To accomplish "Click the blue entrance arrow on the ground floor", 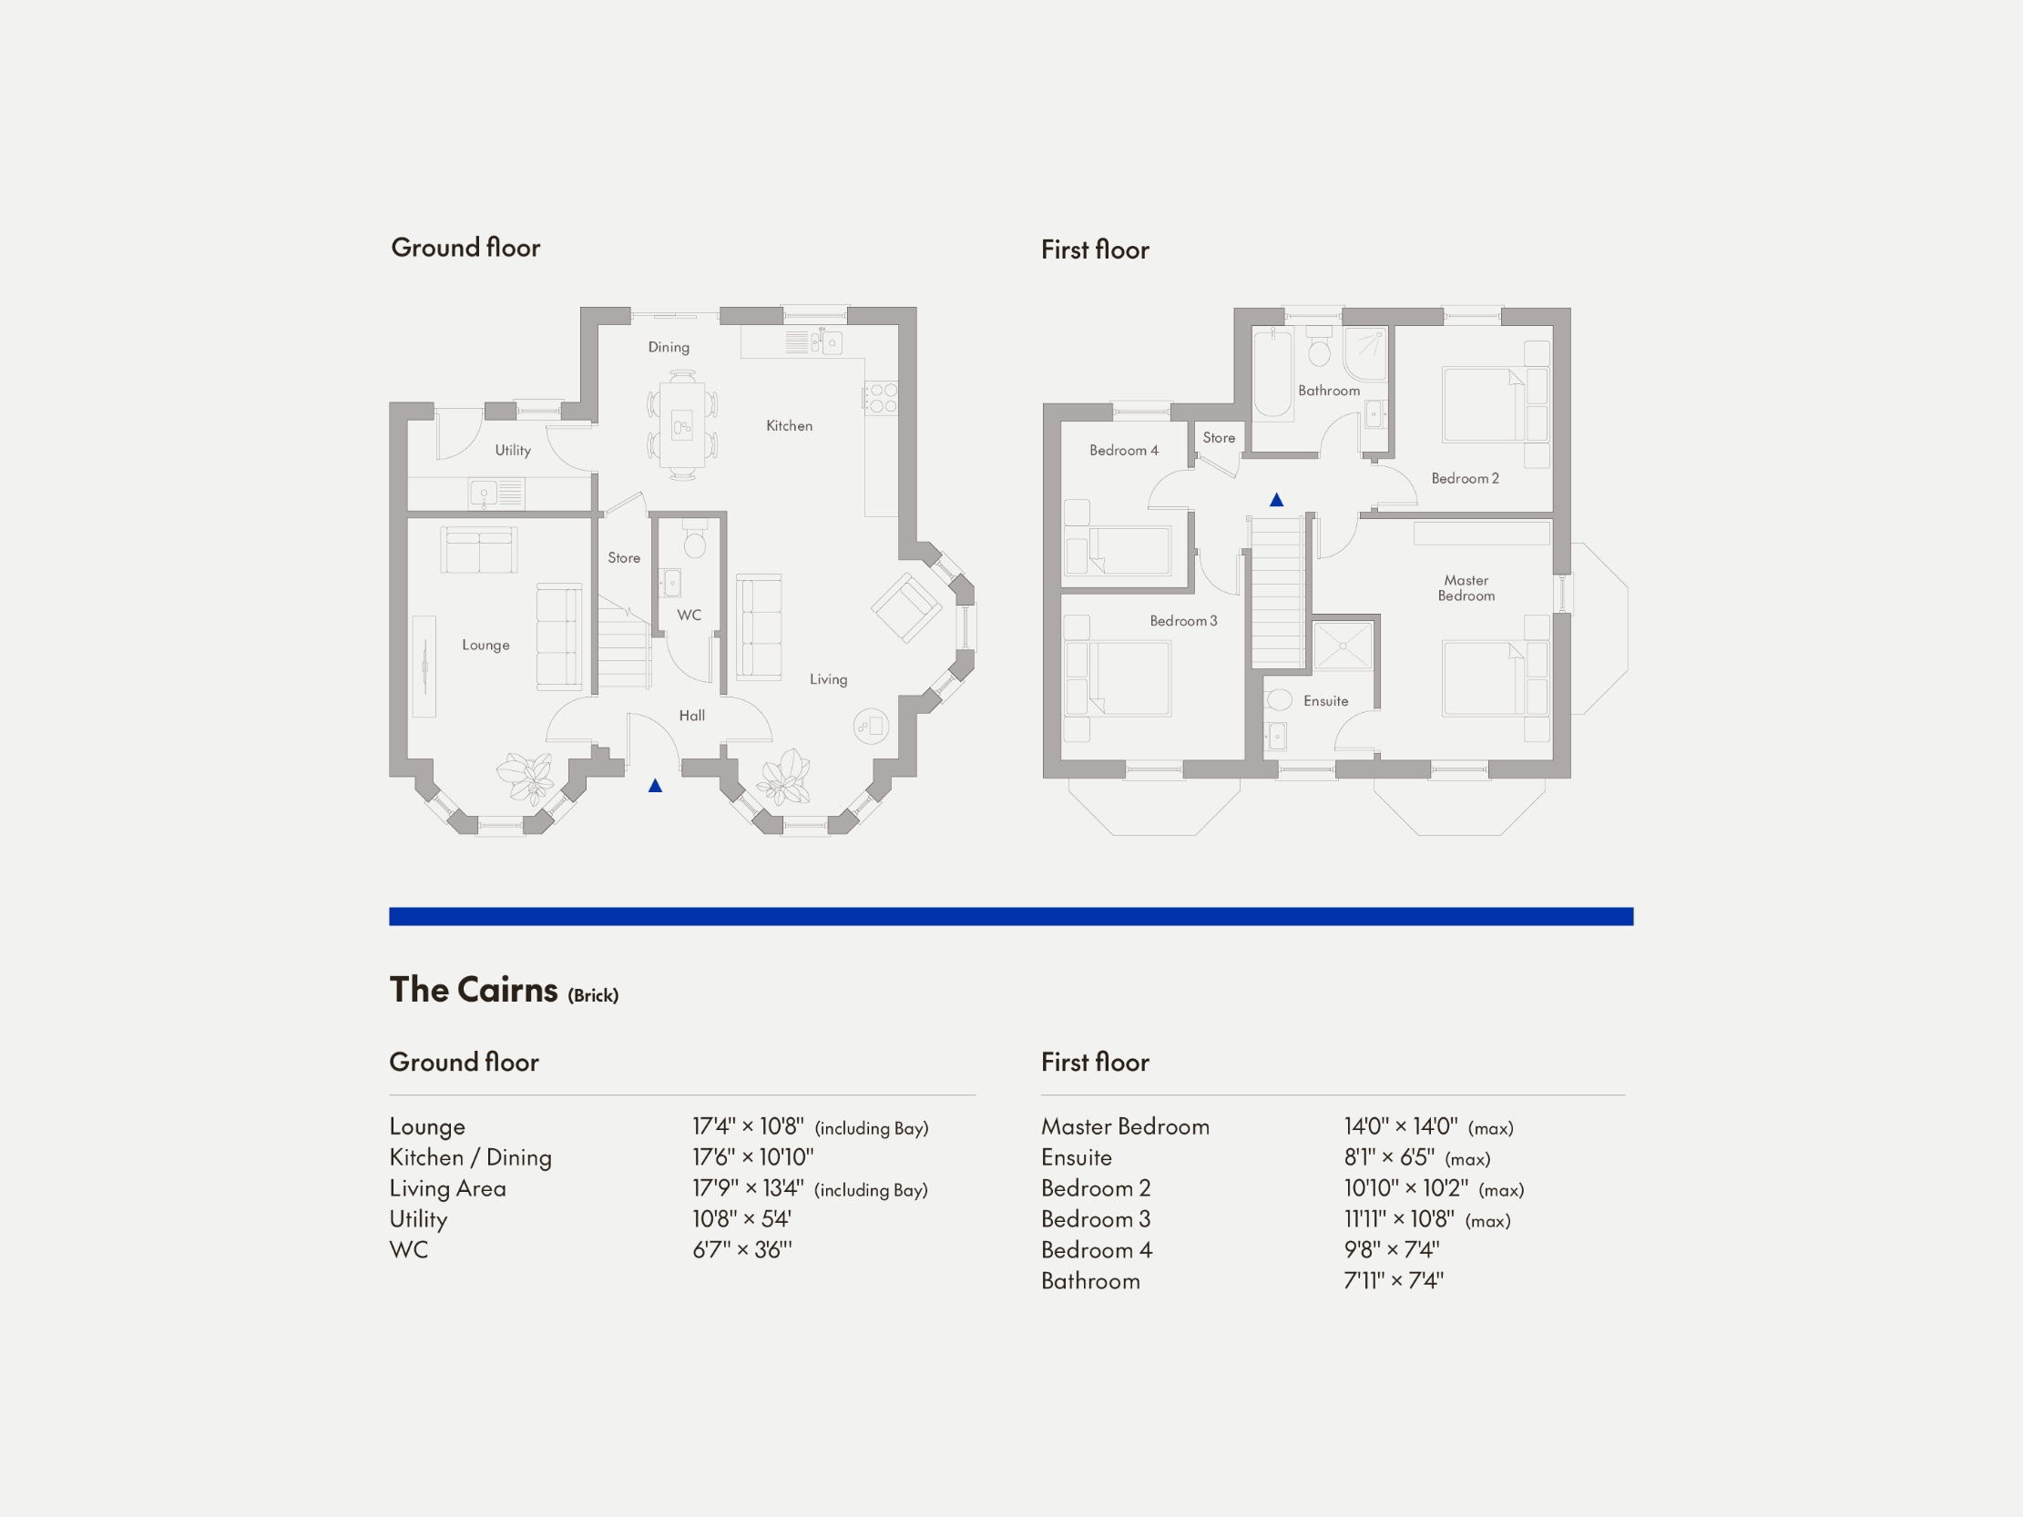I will pyautogui.click(x=655, y=786).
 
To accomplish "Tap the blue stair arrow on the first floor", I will pyautogui.click(x=1277, y=500).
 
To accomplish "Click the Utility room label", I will pyautogui.click(x=512, y=450).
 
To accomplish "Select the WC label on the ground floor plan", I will pyautogui.click(x=689, y=616).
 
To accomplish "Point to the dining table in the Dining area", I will pyautogui.click(x=682, y=424).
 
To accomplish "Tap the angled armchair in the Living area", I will pyautogui.click(x=905, y=608).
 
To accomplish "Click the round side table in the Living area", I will pyautogui.click(x=871, y=727).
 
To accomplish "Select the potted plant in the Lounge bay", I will pyautogui.click(x=526, y=776).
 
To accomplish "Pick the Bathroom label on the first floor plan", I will pyautogui.click(x=1329, y=391).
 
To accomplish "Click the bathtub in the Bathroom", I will pyautogui.click(x=1272, y=374).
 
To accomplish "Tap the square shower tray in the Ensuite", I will pyautogui.click(x=1343, y=646).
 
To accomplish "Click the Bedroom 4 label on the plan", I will pyautogui.click(x=1123, y=450).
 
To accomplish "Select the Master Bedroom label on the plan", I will pyautogui.click(x=1466, y=588).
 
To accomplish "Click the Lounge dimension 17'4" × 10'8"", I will pyautogui.click(x=747, y=1126).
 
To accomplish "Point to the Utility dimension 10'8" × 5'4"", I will pyautogui.click(x=741, y=1219).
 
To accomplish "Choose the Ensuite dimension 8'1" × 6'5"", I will pyautogui.click(x=1389, y=1157).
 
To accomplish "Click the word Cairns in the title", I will pyautogui.click(x=506, y=991).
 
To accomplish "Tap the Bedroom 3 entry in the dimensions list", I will pyautogui.click(x=1096, y=1219).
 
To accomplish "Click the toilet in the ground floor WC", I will pyautogui.click(x=695, y=543).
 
